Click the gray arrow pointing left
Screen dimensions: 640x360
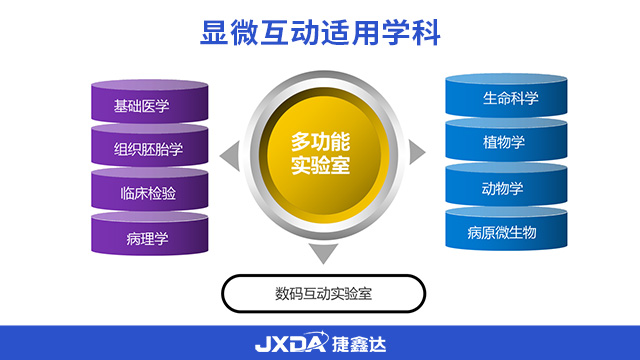(x=229, y=153)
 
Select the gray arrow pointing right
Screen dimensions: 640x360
(x=417, y=151)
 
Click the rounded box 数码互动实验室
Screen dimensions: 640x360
(x=323, y=294)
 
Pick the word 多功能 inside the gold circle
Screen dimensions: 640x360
(x=320, y=140)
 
